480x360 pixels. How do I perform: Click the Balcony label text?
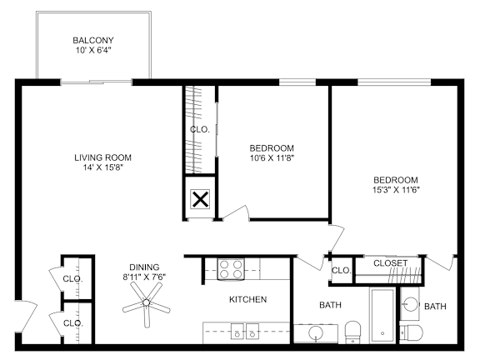(93, 40)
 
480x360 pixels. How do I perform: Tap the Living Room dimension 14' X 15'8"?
(102, 168)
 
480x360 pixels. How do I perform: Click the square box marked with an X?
(201, 199)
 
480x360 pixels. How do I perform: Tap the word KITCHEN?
(248, 299)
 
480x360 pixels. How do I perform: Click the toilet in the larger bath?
(352, 331)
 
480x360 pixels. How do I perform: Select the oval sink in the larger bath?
(316, 334)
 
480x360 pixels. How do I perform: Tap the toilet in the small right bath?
(412, 333)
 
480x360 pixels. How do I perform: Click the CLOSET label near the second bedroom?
(390, 263)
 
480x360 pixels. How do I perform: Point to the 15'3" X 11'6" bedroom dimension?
(395, 190)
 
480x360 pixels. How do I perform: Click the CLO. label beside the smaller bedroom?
(199, 129)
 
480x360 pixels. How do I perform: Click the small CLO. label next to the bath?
(342, 270)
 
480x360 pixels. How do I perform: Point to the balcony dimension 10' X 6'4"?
(93, 51)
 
